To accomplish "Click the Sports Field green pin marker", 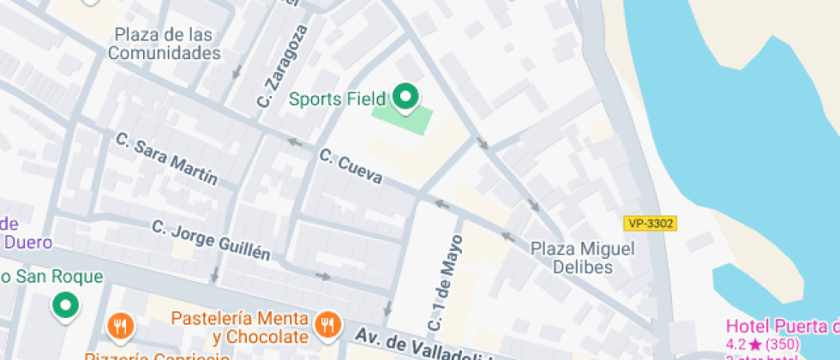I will tap(405, 97).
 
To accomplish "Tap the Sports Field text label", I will tap(337, 99).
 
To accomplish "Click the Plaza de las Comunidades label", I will tap(163, 44).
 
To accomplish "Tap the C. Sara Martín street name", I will tap(166, 159).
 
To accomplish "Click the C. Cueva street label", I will tap(351, 166).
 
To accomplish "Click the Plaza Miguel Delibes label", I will tap(583, 257).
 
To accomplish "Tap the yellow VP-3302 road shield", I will tap(651, 224).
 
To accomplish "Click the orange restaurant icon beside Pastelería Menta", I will tap(326, 324).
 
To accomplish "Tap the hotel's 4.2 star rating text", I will tap(763, 344).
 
